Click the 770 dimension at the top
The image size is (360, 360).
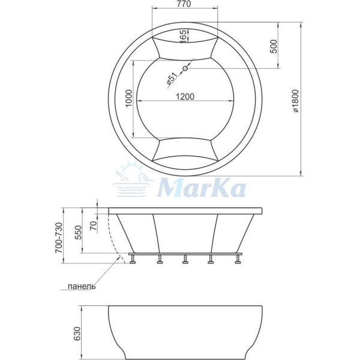[x=184, y=5]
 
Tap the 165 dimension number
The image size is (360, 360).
[x=183, y=36]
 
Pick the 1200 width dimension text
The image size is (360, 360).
[x=185, y=97]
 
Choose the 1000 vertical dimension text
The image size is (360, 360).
[x=128, y=98]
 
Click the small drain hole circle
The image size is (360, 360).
[x=185, y=68]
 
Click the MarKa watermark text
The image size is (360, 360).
[x=201, y=187]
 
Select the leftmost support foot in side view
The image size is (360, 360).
[x=133, y=260]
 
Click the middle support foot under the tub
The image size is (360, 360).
[x=185, y=260]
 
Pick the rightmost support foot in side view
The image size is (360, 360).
[x=238, y=260]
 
